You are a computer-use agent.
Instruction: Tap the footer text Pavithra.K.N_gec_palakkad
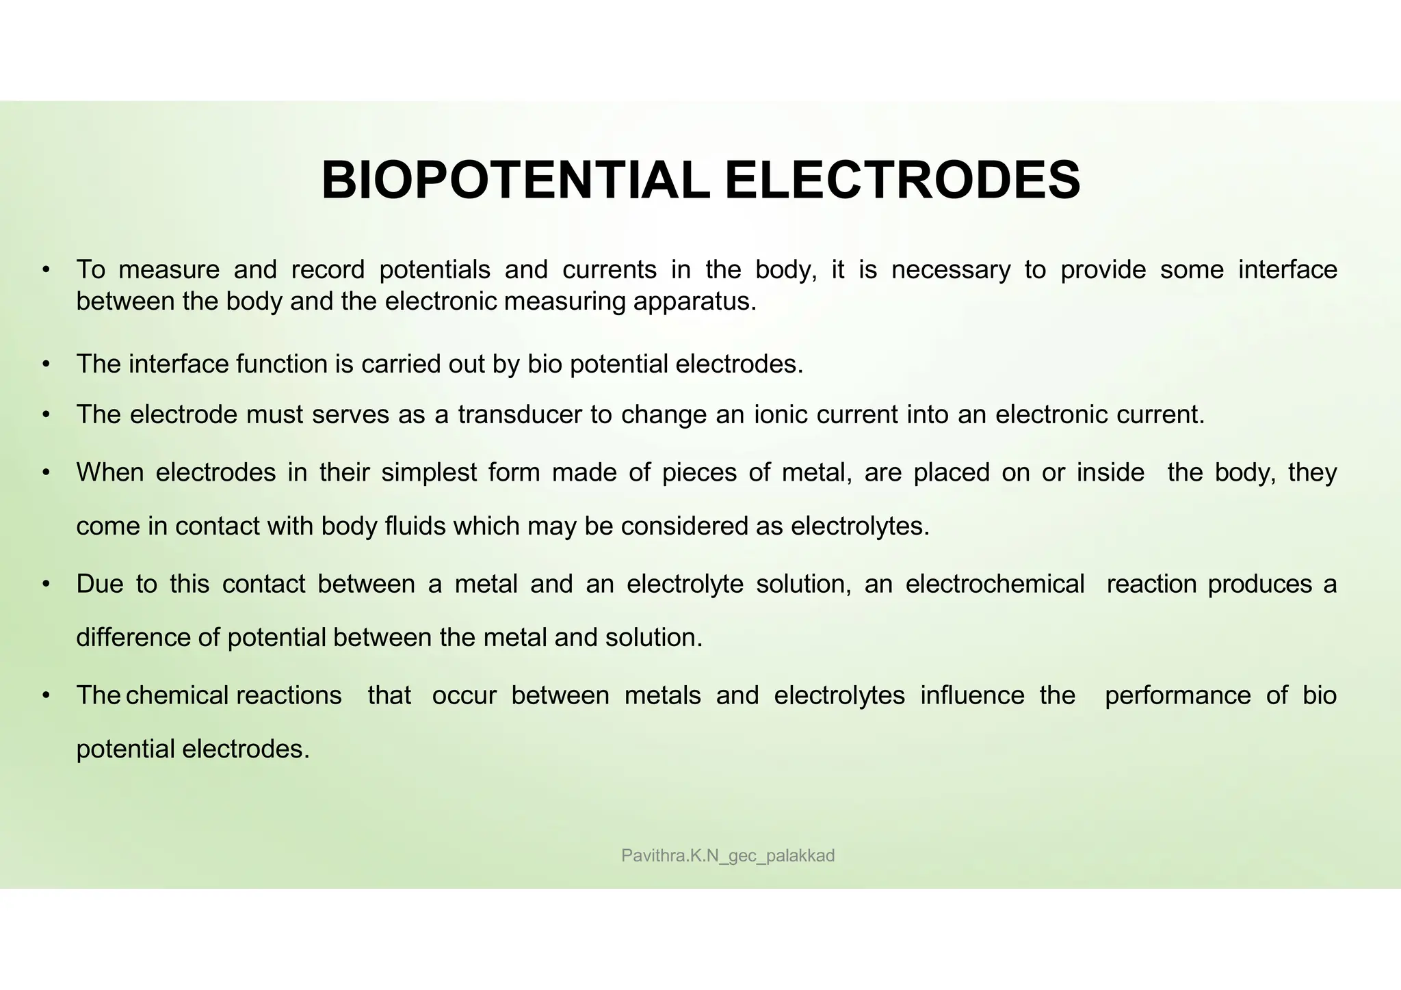[728, 855]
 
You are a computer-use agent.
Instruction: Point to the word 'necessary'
[951, 270]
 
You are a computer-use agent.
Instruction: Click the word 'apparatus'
[694, 302]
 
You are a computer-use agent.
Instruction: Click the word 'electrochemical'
[995, 585]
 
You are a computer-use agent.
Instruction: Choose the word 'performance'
[1177, 695]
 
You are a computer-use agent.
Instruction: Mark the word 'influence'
[972, 695]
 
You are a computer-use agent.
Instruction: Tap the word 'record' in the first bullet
[328, 270]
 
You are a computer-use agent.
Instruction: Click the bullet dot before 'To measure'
[46, 270]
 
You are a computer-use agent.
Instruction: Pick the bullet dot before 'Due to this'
[46, 585]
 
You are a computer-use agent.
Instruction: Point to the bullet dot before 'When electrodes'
[46, 472]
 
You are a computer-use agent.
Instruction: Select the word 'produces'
[1260, 585]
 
